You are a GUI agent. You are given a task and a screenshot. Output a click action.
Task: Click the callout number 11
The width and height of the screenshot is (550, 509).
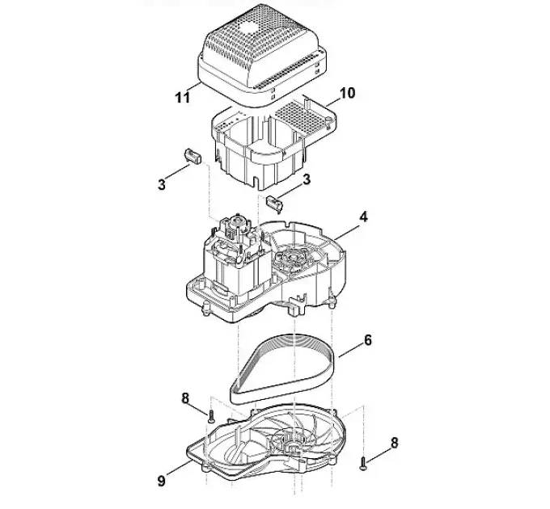click(183, 97)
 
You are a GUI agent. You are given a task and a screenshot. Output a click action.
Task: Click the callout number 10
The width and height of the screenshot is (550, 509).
click(346, 93)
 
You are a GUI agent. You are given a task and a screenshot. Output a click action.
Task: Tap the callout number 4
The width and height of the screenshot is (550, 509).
click(363, 217)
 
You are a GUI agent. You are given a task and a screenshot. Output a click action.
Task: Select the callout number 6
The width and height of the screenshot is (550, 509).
click(367, 340)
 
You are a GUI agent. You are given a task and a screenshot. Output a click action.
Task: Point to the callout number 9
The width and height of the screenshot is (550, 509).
click(161, 481)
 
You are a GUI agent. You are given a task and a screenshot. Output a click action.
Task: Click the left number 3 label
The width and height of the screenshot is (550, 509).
click(161, 184)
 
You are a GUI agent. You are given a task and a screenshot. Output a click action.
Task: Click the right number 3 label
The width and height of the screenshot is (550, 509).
click(307, 179)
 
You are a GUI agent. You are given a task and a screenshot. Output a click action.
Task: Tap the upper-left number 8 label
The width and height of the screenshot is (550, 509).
click(185, 398)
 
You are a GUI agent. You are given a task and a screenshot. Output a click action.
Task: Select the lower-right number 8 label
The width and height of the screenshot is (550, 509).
click(394, 443)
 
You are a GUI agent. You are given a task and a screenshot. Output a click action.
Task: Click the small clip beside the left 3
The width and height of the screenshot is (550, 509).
click(193, 156)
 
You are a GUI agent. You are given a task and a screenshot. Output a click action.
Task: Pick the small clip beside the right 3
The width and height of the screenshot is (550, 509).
click(275, 203)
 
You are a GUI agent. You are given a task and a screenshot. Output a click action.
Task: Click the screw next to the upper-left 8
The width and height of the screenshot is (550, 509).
click(211, 417)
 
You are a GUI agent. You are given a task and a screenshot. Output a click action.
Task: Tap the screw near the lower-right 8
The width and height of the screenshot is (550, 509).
click(363, 463)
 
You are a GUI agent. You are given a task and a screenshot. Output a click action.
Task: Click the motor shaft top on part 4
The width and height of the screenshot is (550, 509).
click(239, 219)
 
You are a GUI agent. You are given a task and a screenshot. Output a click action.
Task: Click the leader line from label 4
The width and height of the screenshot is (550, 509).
click(346, 232)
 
